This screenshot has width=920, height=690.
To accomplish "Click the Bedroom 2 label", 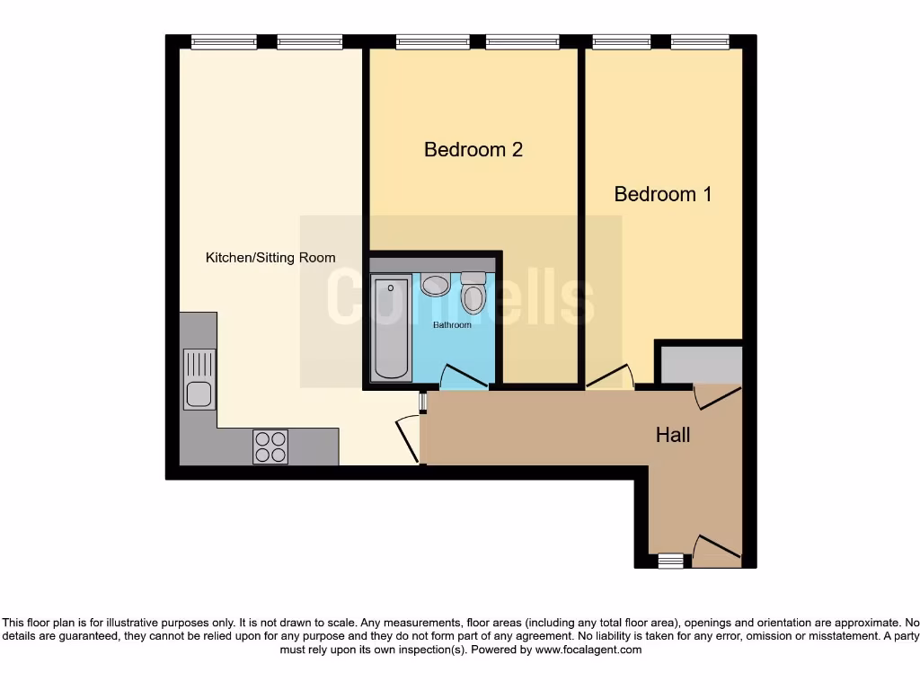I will point(473,149).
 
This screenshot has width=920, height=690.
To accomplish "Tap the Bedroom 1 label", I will point(662,194).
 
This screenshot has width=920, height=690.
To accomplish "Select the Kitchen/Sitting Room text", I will point(270,258).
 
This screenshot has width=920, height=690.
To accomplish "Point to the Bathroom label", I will point(452,324).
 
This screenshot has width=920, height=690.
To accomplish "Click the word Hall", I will point(673,435).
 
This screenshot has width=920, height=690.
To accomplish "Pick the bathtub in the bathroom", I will point(391,329).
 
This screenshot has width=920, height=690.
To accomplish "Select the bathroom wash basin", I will point(437,285).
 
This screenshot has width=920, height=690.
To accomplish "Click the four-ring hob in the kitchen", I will point(270,446).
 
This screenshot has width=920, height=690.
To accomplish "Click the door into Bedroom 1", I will point(611,377).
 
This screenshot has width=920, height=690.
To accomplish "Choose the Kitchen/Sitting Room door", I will point(409,439).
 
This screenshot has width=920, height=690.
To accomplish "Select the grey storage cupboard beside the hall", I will point(701,363).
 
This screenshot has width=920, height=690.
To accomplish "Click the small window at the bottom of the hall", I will point(669,562).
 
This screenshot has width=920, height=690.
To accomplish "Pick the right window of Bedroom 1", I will point(700,41).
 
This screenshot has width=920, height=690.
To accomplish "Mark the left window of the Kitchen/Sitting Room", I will point(224,41).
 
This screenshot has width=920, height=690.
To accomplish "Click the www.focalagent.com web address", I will point(588,650).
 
